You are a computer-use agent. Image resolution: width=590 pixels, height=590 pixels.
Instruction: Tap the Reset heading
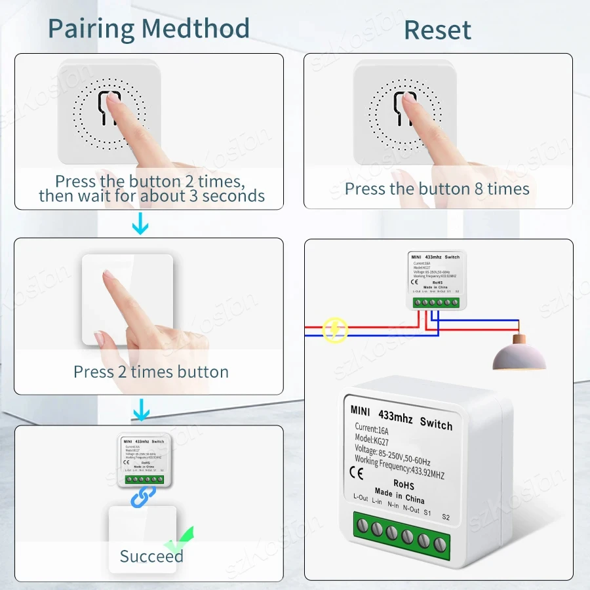point(437,30)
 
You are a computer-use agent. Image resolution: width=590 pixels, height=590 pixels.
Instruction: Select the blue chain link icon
point(144,497)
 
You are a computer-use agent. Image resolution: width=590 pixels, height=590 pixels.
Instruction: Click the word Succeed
point(151,557)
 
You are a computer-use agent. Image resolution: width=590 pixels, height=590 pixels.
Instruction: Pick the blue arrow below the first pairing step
point(140,226)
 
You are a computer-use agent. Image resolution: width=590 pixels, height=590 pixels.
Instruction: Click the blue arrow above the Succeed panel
point(140,411)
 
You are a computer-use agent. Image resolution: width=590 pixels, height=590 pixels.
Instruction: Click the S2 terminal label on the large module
point(446,517)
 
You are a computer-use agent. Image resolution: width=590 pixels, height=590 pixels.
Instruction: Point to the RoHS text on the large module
point(404,485)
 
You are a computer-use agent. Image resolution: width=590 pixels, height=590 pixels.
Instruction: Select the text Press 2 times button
point(151,372)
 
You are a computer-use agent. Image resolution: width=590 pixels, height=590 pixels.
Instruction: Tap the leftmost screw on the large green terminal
point(361,526)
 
